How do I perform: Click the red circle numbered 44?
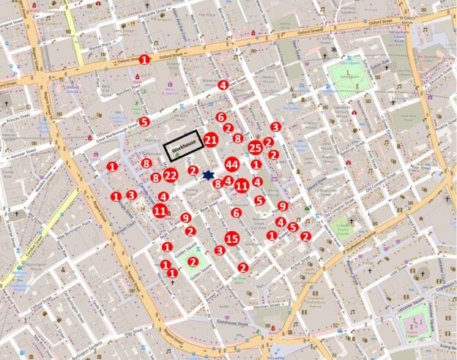pyautogui.click(x=232, y=164)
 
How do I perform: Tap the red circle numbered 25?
pyautogui.click(x=255, y=148)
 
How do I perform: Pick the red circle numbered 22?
pyautogui.click(x=171, y=175)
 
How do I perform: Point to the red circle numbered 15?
pyautogui.click(x=232, y=238)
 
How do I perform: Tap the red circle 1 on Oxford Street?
pyautogui.click(x=144, y=59)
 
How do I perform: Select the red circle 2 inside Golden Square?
pyautogui.click(x=193, y=261)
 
